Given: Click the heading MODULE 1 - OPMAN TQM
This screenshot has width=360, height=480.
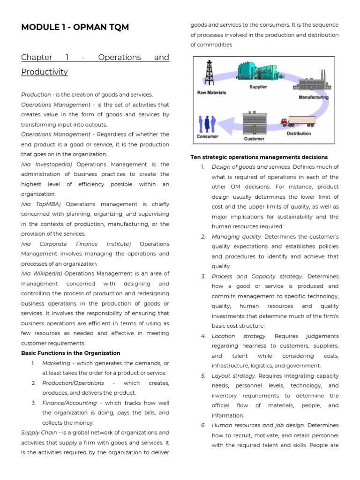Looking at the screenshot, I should click(x=75, y=27).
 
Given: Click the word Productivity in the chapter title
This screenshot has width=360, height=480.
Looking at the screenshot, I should click(x=45, y=72).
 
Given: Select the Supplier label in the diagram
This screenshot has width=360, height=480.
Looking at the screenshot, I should click(x=258, y=87).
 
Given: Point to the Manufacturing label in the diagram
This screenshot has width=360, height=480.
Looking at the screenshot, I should click(x=313, y=97).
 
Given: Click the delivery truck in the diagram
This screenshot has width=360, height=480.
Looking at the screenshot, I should click(x=298, y=121).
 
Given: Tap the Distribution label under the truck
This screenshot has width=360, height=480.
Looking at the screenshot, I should click(x=298, y=134).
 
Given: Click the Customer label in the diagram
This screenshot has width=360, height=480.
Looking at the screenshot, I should click(x=254, y=139).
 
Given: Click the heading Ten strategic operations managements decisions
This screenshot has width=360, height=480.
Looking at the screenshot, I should click(x=259, y=157).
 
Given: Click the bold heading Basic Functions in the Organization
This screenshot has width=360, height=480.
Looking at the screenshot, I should click(x=70, y=353).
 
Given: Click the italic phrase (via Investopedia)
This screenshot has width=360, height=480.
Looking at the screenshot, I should click(x=47, y=165).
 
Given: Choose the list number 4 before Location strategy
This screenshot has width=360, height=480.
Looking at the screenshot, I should click(x=203, y=336).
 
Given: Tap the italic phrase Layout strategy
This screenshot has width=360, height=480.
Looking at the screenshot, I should click(x=233, y=376).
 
